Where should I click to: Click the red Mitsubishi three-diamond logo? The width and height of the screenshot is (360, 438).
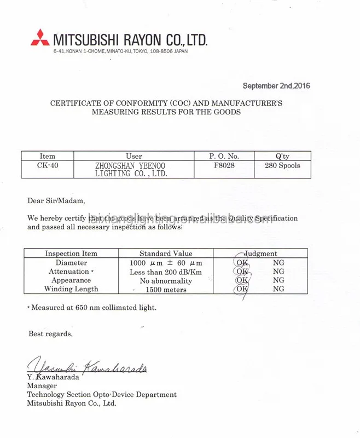point(40,38)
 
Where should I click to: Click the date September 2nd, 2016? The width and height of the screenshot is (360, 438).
point(276,86)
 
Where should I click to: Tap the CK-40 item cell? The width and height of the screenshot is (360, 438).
point(48,165)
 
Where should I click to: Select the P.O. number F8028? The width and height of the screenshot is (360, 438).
point(224,165)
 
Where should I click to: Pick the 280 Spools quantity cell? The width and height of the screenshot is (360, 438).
point(282,165)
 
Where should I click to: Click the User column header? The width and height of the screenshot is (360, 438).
point(133,156)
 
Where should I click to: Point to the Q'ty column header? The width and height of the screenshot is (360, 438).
point(282,156)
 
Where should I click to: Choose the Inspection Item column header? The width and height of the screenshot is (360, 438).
point(71,253)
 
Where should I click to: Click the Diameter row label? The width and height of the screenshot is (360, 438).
point(71,263)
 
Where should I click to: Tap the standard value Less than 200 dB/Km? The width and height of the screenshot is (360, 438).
point(166,272)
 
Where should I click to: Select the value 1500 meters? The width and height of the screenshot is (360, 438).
point(166,290)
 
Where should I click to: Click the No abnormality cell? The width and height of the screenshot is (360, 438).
point(166,281)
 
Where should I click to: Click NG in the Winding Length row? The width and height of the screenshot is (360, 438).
point(278,289)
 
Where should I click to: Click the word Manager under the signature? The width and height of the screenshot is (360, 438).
point(42,385)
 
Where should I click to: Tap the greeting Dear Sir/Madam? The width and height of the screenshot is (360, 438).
point(56,200)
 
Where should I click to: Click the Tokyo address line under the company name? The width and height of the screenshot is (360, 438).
point(120,51)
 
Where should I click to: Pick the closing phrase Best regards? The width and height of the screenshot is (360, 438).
point(50,333)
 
